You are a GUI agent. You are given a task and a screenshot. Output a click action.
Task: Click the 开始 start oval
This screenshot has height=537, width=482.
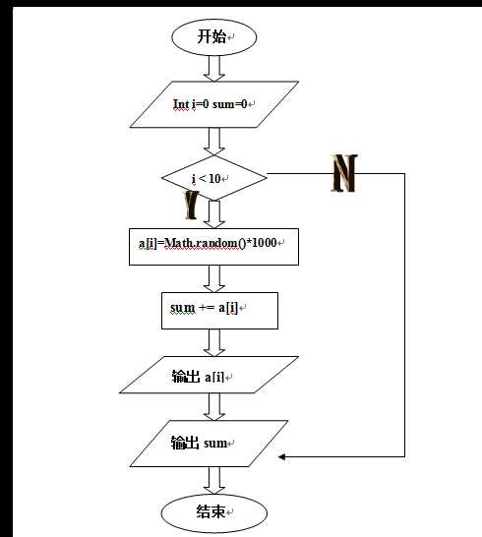click(x=213, y=37)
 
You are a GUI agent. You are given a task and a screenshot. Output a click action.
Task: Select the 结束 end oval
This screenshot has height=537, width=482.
click(x=213, y=511)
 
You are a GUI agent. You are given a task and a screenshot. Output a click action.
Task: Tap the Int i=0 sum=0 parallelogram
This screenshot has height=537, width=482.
click(x=213, y=103)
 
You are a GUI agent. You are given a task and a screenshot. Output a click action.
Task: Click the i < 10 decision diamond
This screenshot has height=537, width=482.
click(x=213, y=178)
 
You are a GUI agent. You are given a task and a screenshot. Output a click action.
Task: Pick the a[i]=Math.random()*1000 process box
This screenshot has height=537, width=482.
click(x=213, y=244)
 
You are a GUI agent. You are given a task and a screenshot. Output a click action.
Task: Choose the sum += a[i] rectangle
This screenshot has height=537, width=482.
click(x=219, y=308)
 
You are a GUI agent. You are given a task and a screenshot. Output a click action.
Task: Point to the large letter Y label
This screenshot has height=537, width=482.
click(x=192, y=205)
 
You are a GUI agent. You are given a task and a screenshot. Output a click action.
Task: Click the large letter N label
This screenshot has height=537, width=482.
click(x=344, y=173)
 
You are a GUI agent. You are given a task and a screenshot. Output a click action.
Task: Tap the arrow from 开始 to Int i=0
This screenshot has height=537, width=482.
click(x=213, y=67)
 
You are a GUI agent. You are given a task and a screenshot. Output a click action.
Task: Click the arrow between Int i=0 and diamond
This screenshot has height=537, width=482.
click(x=213, y=140)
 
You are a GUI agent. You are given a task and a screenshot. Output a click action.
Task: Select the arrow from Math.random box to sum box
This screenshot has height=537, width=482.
click(x=213, y=277)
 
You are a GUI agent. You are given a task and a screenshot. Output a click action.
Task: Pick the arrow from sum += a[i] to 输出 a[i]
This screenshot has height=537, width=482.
click(x=213, y=341)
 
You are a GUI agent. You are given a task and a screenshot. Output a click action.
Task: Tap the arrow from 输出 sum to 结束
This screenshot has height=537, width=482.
click(x=213, y=479)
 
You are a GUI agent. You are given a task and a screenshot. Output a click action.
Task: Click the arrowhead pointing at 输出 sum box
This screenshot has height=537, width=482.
click(x=282, y=456)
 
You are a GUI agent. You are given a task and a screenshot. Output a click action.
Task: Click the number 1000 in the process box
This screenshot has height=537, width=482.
click(x=266, y=244)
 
